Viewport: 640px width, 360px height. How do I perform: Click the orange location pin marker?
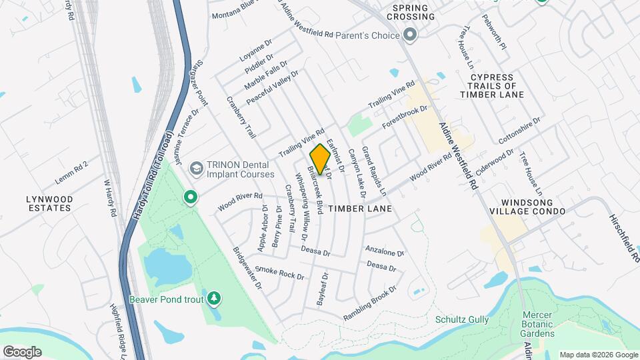click(320, 160)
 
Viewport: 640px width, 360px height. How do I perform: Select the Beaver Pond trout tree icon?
click(214, 298)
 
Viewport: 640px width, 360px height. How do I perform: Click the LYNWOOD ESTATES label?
click(49, 203)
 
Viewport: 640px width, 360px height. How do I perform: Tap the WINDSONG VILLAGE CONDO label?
click(527, 206)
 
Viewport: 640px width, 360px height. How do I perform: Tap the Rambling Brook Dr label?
click(370, 304)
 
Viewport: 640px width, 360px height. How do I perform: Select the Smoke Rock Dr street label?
click(279, 273)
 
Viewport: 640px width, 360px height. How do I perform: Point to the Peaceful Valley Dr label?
click(271, 91)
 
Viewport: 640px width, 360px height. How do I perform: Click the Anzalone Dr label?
click(385, 251)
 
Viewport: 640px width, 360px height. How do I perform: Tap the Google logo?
click(22, 351)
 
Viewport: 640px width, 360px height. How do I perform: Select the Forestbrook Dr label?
click(404, 117)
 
